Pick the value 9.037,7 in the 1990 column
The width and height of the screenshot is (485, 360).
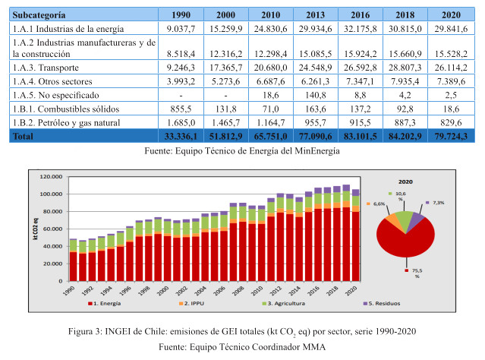click(x=184, y=29)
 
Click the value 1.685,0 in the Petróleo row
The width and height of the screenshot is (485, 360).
click(x=186, y=122)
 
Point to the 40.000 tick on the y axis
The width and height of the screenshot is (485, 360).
click(x=51, y=246)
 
